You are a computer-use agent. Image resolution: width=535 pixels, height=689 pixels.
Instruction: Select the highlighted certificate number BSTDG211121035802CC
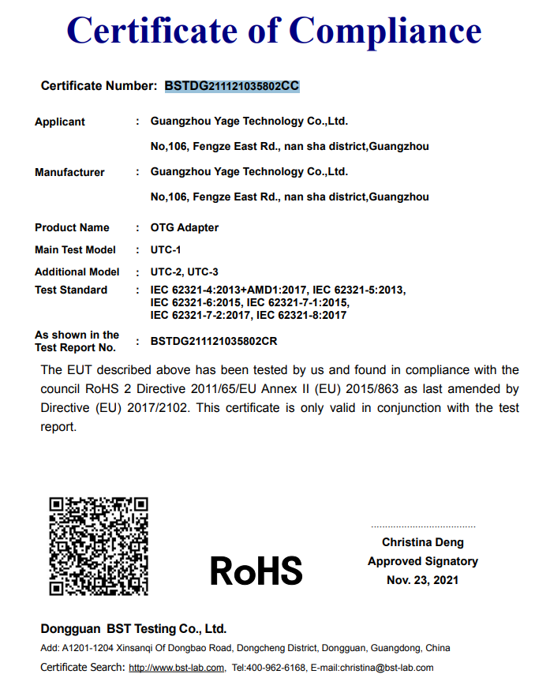tap(232, 86)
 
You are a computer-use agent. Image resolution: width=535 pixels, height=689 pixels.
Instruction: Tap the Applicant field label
tap(60, 122)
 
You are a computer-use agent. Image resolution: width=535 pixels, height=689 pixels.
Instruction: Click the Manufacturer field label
tap(69, 172)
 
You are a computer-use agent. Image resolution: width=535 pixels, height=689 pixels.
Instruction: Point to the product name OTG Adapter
tap(185, 227)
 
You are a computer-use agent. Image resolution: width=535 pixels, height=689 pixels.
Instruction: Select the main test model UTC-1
tap(166, 249)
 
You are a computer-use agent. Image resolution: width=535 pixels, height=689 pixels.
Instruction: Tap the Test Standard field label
tap(71, 290)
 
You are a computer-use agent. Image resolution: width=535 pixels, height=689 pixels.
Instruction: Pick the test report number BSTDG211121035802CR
tap(214, 342)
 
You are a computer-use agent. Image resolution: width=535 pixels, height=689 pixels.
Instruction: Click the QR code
tap(99, 545)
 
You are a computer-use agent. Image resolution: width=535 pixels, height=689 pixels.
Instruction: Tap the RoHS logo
tap(256, 570)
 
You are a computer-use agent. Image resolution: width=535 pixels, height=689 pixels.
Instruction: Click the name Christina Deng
tap(423, 542)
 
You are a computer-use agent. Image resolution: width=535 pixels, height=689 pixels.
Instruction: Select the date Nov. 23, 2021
tap(423, 580)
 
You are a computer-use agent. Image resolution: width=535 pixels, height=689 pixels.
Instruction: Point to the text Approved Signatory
tap(423, 561)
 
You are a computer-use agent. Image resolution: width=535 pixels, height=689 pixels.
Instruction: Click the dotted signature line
tap(423, 526)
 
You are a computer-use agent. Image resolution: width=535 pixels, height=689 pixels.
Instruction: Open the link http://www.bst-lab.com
tap(176, 668)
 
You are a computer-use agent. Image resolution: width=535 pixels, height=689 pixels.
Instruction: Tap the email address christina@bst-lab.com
tap(387, 668)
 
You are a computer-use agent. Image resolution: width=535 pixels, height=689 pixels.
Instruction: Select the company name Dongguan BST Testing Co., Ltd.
tap(133, 629)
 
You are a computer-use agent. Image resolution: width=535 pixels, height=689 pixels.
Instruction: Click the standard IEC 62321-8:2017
tap(301, 315)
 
